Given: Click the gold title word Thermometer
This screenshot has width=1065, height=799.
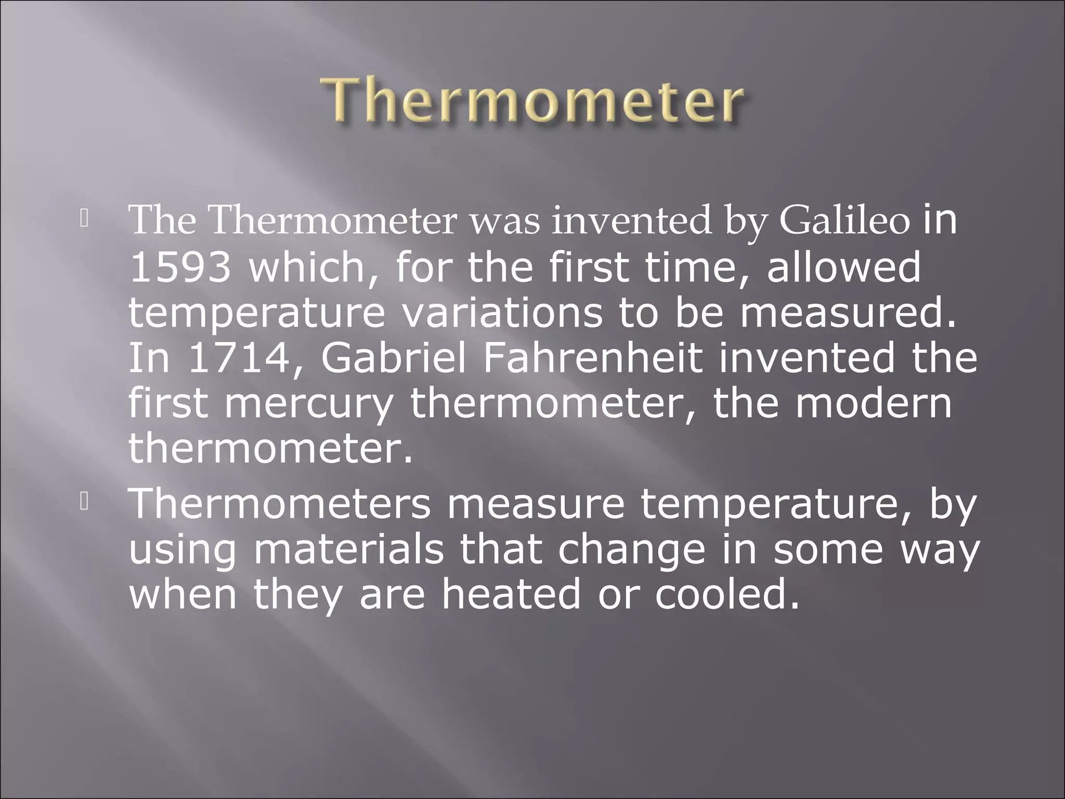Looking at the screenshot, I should pyautogui.click(x=531, y=100).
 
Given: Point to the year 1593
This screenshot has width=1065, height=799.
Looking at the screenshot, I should pyautogui.click(x=180, y=267).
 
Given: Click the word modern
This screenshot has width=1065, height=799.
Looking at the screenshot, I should pyautogui.click(x=873, y=404).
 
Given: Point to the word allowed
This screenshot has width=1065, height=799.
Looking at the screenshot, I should pyautogui.click(x=843, y=267).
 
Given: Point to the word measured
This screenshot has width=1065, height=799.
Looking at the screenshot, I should pyautogui.click(x=847, y=313).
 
